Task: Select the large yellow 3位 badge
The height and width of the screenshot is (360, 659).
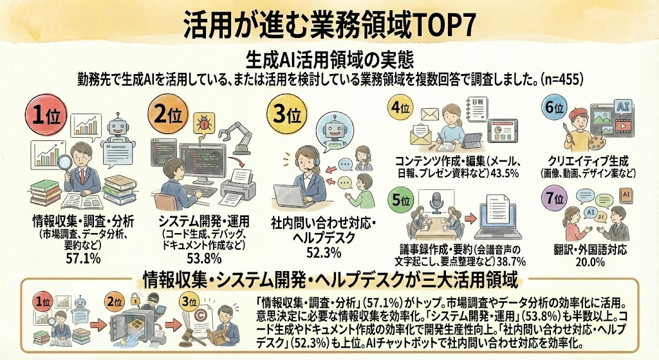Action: coord(287,113)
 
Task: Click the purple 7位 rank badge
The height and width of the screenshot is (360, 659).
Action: coord(555,197)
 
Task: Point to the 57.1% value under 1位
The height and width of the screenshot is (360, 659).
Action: coord(83,258)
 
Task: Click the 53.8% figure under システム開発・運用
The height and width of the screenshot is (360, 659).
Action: coord(204,258)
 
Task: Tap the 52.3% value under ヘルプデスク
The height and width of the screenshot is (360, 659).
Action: coord(324,252)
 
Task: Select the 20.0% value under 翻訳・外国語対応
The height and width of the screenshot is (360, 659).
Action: coord(590,261)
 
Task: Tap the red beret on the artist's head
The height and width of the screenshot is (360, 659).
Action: coord(579,113)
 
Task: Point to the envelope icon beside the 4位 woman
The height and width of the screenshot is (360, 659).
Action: coord(429,114)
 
